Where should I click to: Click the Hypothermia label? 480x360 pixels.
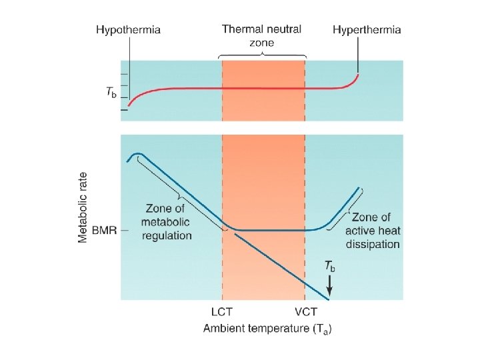128,30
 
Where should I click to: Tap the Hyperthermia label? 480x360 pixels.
367,30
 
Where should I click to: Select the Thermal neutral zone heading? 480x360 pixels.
261,35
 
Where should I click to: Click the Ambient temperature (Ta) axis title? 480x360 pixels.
267,328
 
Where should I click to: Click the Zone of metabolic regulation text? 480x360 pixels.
167,223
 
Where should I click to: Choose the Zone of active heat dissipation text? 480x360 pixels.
373,231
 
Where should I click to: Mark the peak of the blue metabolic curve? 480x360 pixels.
138,155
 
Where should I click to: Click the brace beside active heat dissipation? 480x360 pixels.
355,204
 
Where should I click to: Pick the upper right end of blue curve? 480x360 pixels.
359,188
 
